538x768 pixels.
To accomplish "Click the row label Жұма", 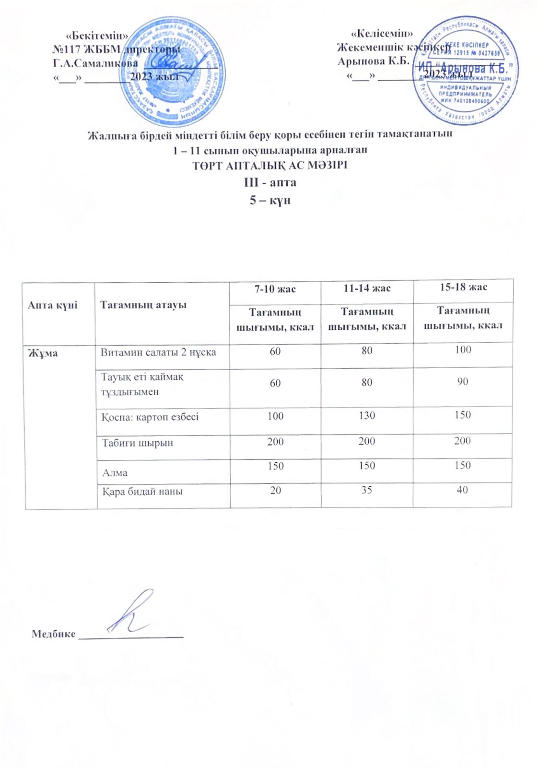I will tap(43, 353).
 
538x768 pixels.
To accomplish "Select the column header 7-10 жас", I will tap(275, 289).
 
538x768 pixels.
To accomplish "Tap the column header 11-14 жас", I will tap(367, 288).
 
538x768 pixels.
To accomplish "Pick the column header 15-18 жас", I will tap(463, 287).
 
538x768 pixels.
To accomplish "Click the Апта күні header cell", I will tap(53, 305).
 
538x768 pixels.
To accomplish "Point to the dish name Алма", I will tap(115, 473).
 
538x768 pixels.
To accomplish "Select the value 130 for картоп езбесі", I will tap(367, 416).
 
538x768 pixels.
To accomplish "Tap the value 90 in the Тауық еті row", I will tap(463, 382).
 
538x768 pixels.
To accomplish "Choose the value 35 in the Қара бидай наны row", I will tap(367, 490).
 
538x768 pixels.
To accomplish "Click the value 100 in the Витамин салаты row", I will tap(463, 350).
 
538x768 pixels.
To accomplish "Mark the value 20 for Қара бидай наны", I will tap(275, 491).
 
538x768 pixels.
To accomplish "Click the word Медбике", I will tap(53, 634).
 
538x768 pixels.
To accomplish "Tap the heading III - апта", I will tap(270, 182).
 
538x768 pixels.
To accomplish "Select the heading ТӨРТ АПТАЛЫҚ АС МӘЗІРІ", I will tap(270, 166).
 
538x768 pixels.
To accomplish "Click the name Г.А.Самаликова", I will tap(95, 63).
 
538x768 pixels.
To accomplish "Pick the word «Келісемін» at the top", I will tap(382, 34).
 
